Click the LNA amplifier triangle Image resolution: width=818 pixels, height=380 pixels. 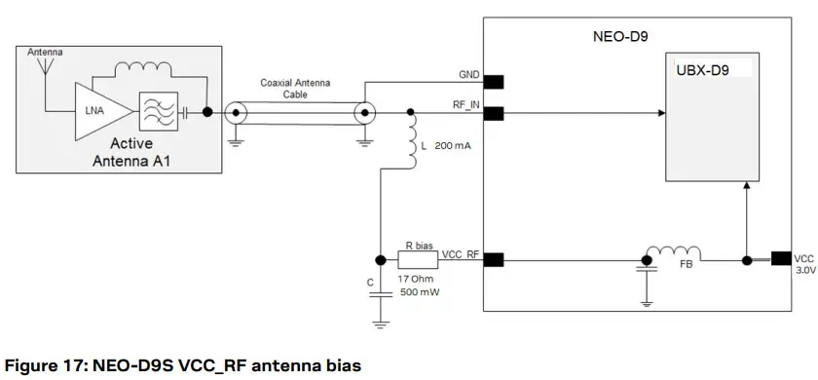point(98,111)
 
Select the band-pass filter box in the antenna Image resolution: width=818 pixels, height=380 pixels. point(158,111)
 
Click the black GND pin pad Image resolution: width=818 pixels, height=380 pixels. point(493,81)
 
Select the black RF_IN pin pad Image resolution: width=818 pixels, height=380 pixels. point(493,113)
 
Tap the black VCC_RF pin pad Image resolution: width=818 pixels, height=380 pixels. point(493,259)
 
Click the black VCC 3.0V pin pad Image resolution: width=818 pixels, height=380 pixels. point(780,259)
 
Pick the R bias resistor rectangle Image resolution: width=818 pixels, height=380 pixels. point(419,260)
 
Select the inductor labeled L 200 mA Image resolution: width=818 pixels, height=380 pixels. point(410,143)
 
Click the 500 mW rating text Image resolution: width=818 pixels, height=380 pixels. point(420,293)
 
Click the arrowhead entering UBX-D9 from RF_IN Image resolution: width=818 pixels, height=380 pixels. point(661,113)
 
